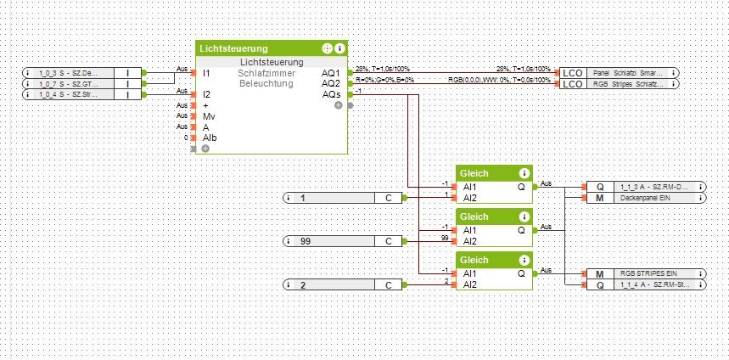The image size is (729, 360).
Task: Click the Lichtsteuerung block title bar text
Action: coord(233,49)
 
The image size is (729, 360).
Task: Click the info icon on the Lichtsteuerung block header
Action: coord(339,49)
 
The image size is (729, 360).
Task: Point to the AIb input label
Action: coord(209,137)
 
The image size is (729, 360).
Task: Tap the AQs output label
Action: coord(331,93)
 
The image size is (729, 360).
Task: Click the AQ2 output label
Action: coord(331,83)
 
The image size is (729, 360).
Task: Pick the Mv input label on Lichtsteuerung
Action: coord(208,115)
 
